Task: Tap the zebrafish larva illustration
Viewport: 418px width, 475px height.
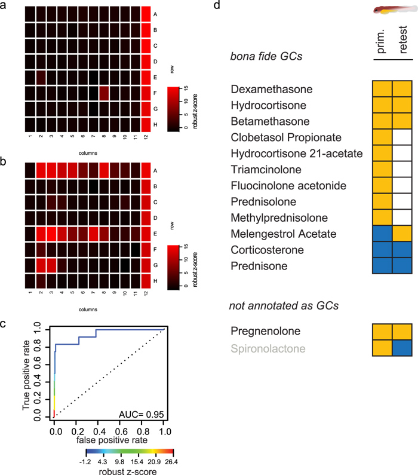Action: pyautogui.click(x=391, y=10)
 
